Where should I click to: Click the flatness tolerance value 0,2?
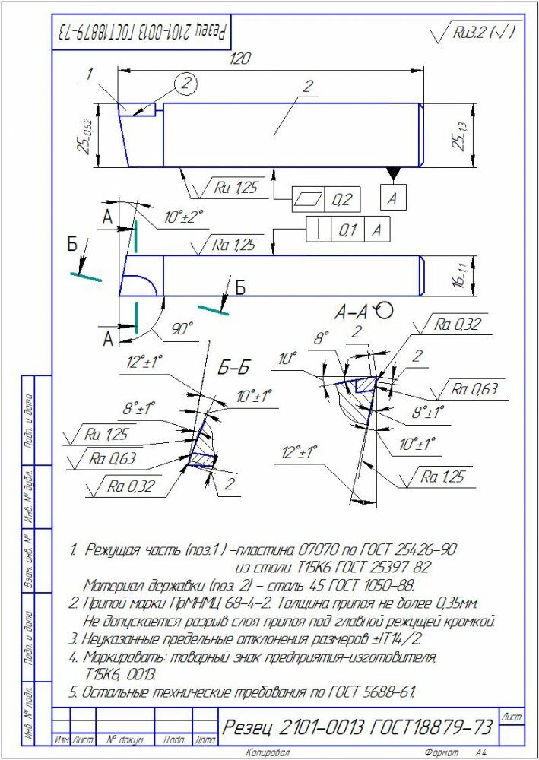point(343,200)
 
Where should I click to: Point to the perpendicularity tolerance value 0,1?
point(347,229)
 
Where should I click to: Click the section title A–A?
point(352,311)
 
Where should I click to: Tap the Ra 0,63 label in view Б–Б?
point(112,458)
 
